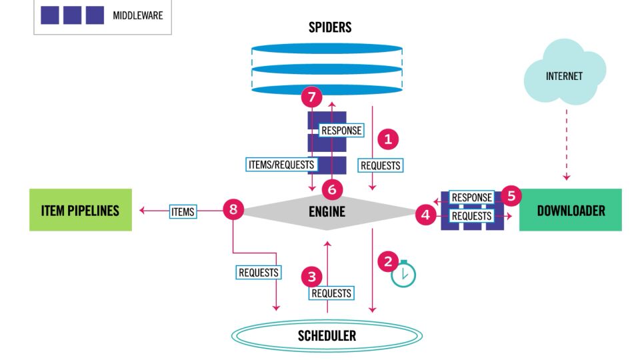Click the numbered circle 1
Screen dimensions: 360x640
pos(388,139)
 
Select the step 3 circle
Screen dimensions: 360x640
pos(311,275)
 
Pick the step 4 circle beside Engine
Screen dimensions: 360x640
pos(425,215)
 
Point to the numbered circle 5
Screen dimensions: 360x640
pos(511,196)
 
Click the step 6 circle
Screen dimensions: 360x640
pos(332,189)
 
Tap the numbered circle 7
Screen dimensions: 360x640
pos(311,97)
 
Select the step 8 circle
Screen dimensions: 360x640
pos(233,209)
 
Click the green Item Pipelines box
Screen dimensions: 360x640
pos(81,210)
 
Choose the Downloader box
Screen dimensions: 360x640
pos(570,210)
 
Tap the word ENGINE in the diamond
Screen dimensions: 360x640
pos(327,212)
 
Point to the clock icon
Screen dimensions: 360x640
pos(403,275)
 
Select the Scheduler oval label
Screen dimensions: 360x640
pos(327,335)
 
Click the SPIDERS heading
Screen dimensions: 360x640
pos(329,28)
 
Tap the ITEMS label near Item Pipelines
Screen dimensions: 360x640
pos(182,211)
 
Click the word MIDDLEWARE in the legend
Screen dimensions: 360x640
pos(138,15)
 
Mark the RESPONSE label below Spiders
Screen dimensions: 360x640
pos(341,131)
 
